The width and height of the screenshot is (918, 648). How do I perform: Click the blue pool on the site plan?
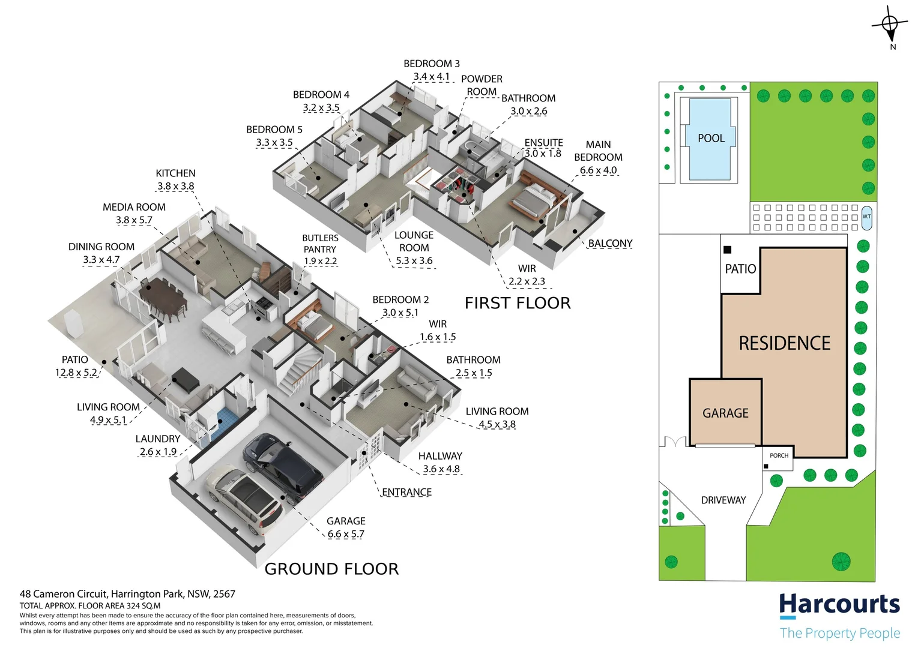pyautogui.click(x=711, y=139)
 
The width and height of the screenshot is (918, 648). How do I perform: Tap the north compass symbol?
pyautogui.click(x=890, y=25)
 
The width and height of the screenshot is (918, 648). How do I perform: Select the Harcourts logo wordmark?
pyautogui.click(x=839, y=605)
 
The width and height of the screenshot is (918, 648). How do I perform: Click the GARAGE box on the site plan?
pyautogui.click(x=725, y=413)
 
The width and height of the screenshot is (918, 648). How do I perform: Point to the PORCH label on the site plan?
pyautogui.click(x=779, y=455)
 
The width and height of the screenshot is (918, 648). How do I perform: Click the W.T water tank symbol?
pyautogui.click(x=866, y=217)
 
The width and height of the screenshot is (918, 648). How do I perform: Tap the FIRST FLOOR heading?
pyautogui.click(x=518, y=303)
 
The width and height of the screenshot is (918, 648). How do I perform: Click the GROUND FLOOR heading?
pyautogui.click(x=331, y=569)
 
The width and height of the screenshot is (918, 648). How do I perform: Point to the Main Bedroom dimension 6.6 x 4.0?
pyautogui.click(x=598, y=170)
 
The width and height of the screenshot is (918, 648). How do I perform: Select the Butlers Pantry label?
pyautogui.click(x=320, y=244)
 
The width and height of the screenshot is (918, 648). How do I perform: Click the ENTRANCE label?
pyautogui.click(x=407, y=492)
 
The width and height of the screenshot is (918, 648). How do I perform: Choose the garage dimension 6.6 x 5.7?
pyautogui.click(x=346, y=534)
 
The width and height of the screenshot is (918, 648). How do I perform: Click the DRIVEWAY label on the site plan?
pyautogui.click(x=723, y=500)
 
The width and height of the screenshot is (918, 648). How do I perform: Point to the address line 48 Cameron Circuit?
pyautogui.click(x=127, y=594)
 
